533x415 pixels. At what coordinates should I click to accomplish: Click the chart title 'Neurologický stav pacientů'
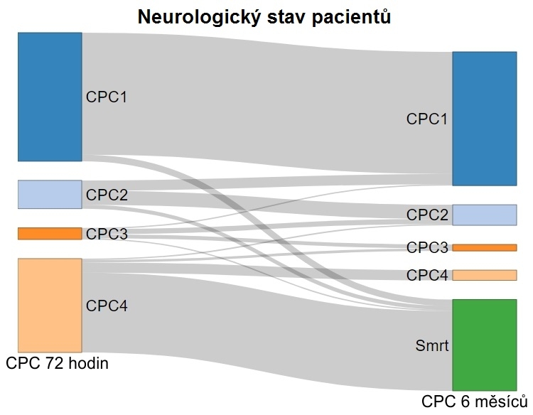pos(264,17)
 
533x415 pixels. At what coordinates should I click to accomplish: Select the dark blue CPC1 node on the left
pos(50,97)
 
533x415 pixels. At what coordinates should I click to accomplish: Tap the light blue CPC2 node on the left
pos(50,195)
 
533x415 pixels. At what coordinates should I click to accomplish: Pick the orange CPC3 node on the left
pos(50,234)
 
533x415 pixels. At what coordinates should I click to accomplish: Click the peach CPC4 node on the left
pos(50,306)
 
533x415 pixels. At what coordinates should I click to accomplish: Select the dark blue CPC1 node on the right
pos(485,119)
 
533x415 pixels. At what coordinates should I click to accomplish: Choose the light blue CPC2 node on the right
pos(485,215)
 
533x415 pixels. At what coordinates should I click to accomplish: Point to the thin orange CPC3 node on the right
pos(485,247)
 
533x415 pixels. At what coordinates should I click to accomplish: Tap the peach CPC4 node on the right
pos(485,275)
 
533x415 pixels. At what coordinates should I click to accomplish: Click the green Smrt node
pos(485,345)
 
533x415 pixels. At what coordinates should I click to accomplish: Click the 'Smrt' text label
pos(432,345)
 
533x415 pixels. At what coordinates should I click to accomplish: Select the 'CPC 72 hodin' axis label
pos(57,363)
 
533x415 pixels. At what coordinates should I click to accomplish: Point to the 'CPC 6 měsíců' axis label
pos(475,401)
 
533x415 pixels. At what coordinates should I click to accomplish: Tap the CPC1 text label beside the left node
pos(107,97)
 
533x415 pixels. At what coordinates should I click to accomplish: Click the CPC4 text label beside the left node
pos(107,306)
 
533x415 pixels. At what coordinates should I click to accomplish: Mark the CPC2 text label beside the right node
pos(427,215)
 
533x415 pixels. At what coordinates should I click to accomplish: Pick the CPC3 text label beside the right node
pos(427,247)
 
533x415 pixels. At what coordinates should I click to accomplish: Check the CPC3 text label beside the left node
pos(107,234)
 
